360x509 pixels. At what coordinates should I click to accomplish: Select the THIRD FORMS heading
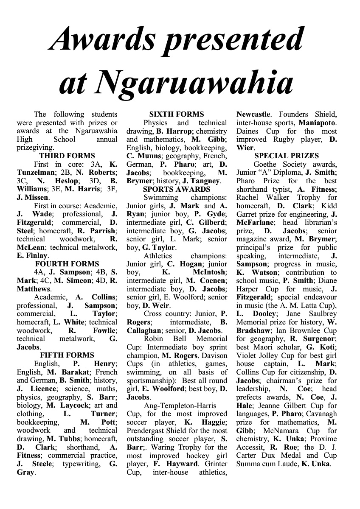pos(67,156)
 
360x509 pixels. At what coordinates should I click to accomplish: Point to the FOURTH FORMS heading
pos(67,264)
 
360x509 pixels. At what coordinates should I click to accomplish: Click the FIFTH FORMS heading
pos(67,355)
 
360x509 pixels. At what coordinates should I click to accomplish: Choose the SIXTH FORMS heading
pos(177,115)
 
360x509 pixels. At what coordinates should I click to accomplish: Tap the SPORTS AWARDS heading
pos(177,189)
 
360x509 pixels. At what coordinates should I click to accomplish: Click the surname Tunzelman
pos(35,173)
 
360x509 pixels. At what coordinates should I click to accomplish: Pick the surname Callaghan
pos(144,330)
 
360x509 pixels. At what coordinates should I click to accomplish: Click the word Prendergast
pos(146,431)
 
